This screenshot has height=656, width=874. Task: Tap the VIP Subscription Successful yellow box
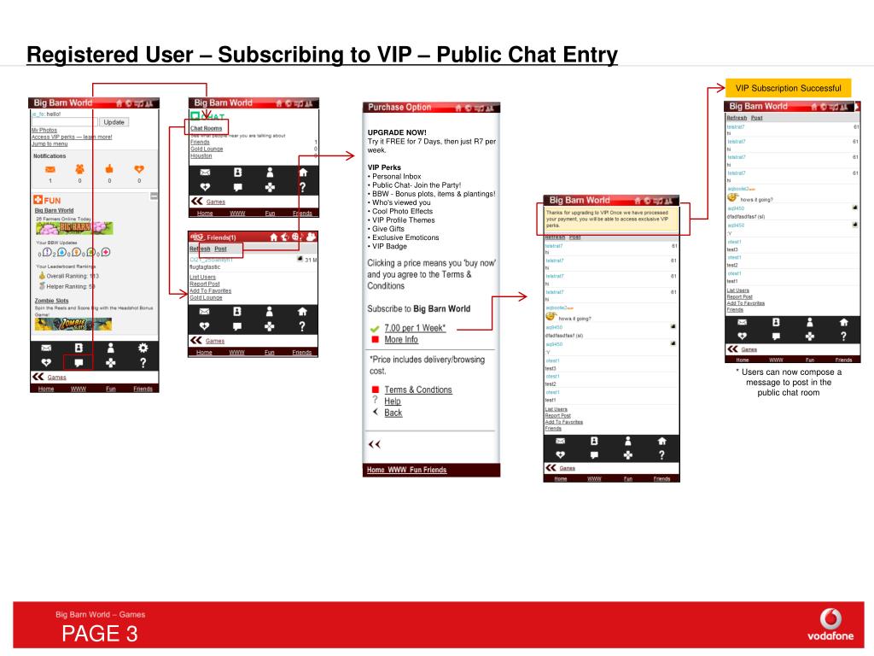point(789,88)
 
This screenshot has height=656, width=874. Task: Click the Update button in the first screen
point(114,122)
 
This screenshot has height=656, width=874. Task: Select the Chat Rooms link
point(206,128)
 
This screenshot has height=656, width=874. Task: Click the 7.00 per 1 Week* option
point(415,328)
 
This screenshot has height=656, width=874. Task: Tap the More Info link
point(400,340)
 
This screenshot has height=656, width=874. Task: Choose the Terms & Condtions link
point(417,389)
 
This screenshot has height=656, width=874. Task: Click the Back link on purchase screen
point(393,413)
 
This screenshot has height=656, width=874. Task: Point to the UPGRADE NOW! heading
point(397,132)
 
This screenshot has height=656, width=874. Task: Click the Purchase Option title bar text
point(399,108)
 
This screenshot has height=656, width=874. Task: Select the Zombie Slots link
point(51,301)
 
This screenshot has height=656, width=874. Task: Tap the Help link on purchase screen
point(392,401)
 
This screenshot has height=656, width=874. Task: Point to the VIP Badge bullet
point(390,246)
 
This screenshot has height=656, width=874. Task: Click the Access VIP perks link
point(72,137)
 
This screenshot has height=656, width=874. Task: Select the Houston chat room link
point(201,156)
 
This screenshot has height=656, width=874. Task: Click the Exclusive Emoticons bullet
point(405,237)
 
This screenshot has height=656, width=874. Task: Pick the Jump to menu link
point(50,143)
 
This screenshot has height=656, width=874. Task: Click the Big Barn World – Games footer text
point(100,614)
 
